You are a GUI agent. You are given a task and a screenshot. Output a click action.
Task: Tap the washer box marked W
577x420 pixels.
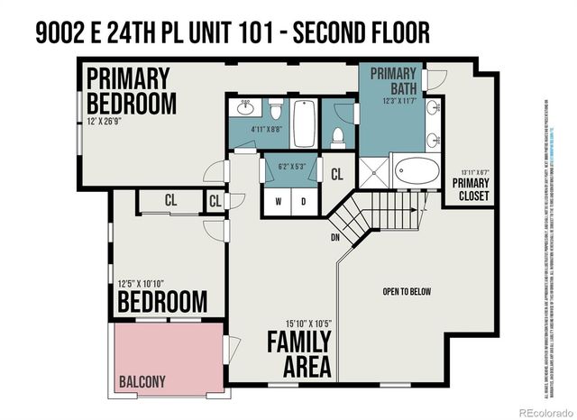(278, 201)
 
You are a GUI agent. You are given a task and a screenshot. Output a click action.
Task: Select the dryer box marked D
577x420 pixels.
(304, 201)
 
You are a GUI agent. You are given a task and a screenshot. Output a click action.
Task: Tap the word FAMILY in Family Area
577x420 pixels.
(298, 343)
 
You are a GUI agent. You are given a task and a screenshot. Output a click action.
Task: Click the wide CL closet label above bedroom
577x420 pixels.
(169, 200)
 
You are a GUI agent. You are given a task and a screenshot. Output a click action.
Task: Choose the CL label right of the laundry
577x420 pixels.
(337, 174)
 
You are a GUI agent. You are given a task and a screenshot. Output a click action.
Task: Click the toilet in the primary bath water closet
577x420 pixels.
(338, 137)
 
